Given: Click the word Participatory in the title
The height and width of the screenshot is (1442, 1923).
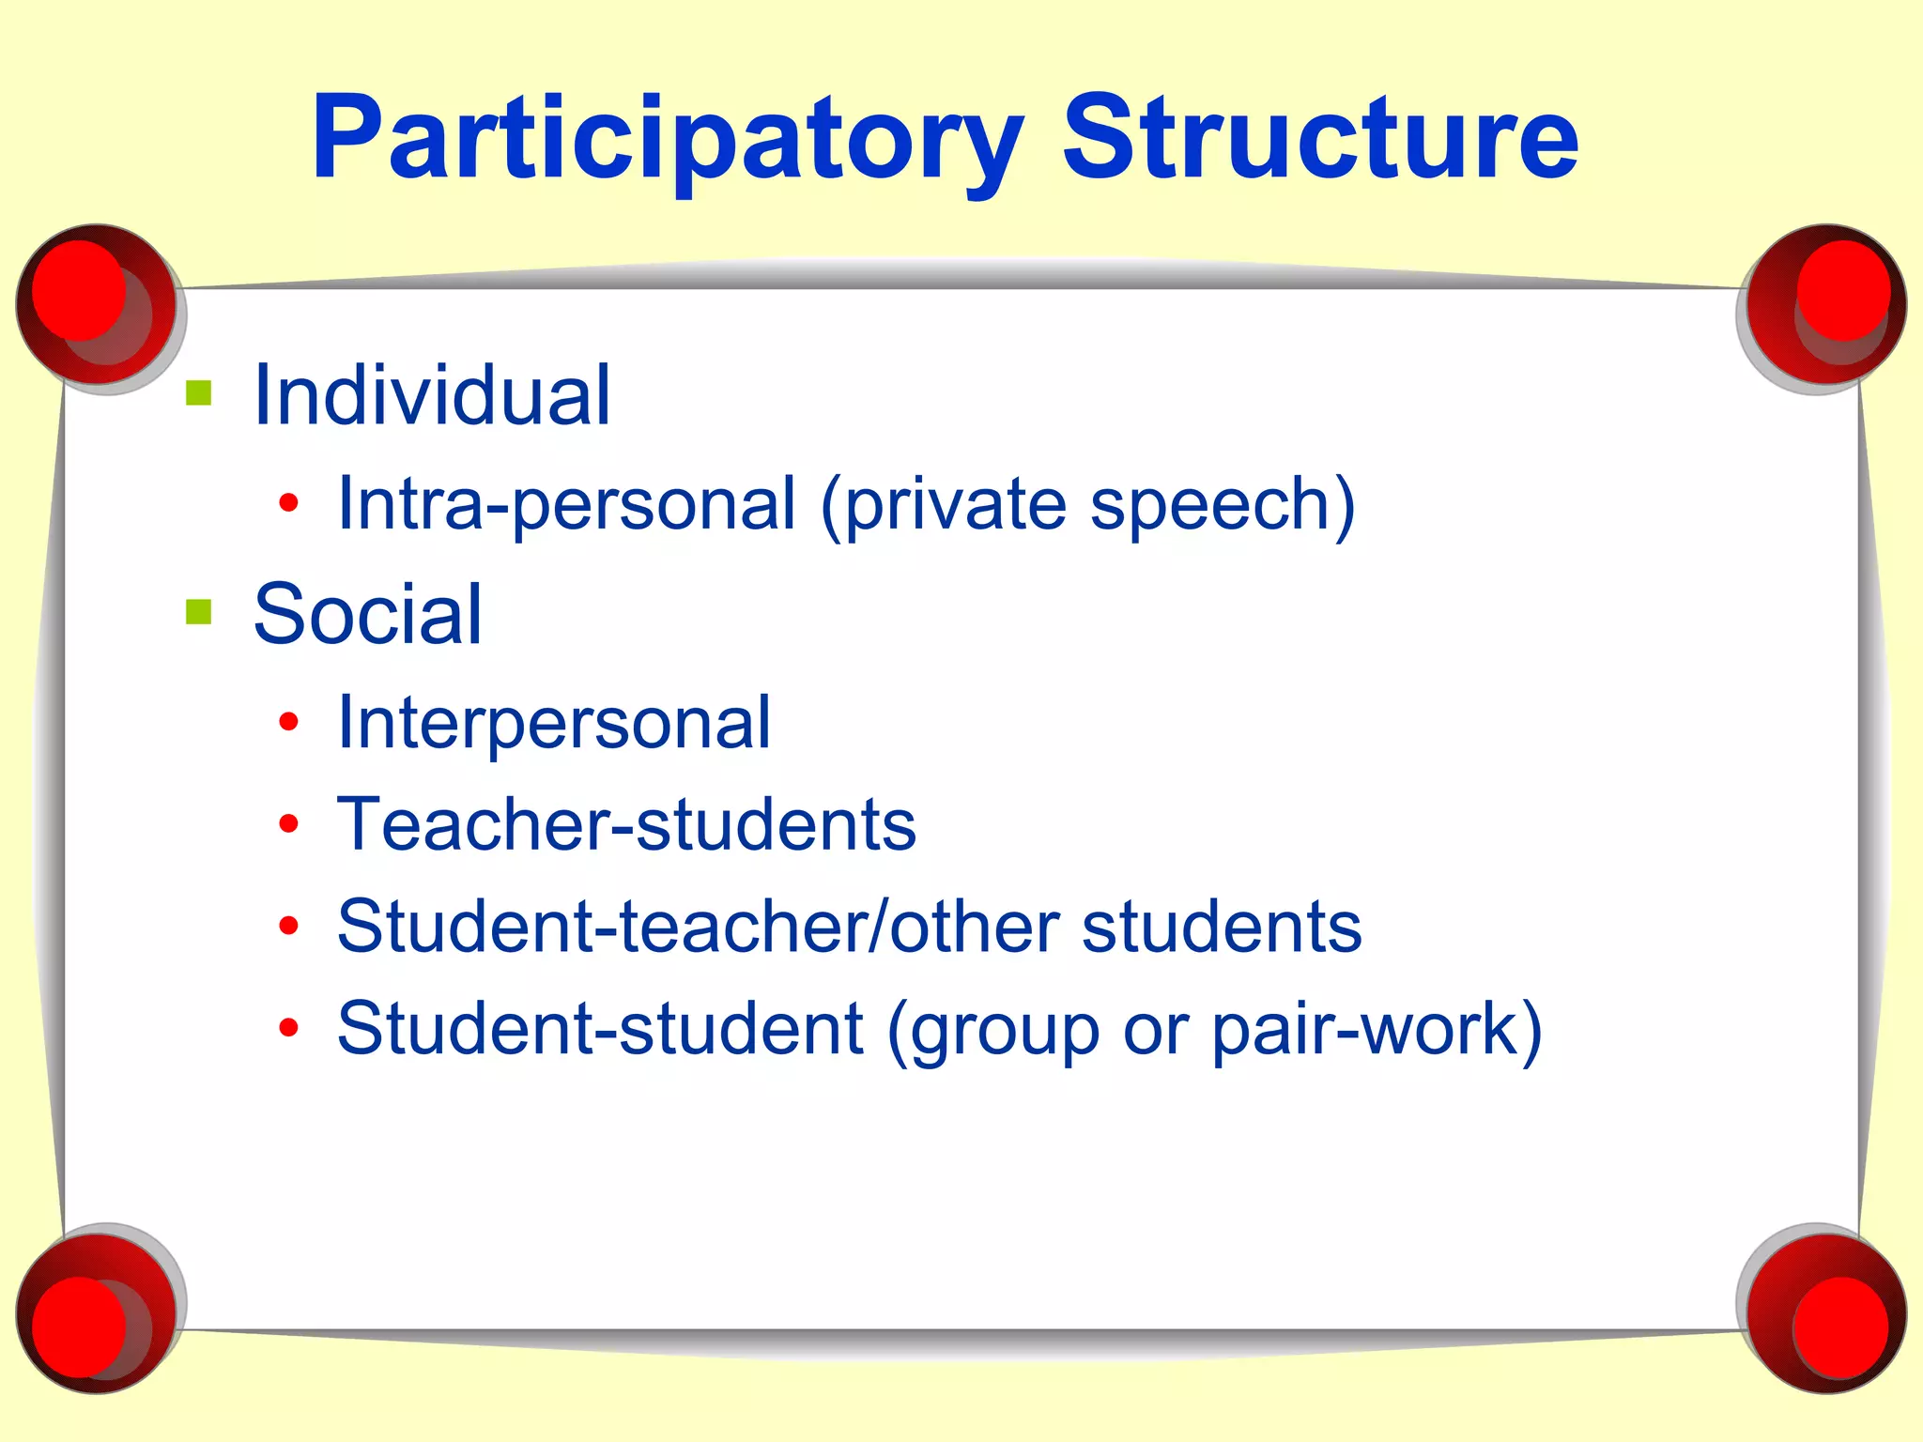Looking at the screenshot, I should click(667, 139).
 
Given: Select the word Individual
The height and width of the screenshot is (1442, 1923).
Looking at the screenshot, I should click(432, 395).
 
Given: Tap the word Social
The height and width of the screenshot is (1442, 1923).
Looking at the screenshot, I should click(367, 614).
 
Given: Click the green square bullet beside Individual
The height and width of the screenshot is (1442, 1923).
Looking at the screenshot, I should click(199, 392).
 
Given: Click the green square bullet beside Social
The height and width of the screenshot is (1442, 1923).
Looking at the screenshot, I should click(199, 612).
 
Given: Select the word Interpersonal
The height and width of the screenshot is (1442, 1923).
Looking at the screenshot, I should click(554, 723).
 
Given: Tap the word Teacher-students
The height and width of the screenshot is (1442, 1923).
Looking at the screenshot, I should click(626, 824).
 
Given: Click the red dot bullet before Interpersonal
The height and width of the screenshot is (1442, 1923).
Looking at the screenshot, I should click(288, 722).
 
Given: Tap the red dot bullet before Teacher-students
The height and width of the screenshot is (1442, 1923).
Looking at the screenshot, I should click(288, 824).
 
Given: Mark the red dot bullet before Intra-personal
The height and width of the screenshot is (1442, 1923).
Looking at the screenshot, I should click(288, 503).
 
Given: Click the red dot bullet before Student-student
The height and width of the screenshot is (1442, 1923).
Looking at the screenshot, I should click(288, 1028).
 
